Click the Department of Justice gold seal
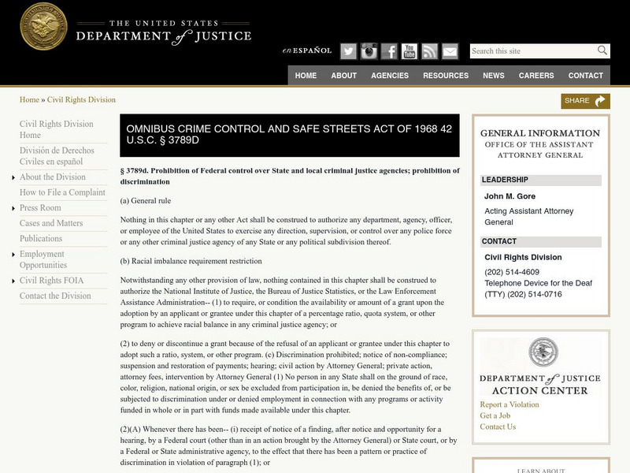(43, 26)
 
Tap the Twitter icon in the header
(348, 51)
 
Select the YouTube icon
(409, 51)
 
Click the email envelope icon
(450, 51)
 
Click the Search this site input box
(532, 51)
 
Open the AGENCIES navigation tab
(390, 76)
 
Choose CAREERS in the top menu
(536, 76)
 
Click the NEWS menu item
(494, 76)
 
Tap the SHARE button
(585, 101)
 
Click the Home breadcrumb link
(29, 100)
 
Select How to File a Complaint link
(62, 192)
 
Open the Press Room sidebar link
(40, 208)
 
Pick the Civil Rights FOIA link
(51, 281)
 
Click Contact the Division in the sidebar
(55, 296)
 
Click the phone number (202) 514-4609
(511, 272)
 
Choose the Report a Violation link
(510, 405)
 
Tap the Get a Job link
(495, 416)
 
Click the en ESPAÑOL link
(307, 51)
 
